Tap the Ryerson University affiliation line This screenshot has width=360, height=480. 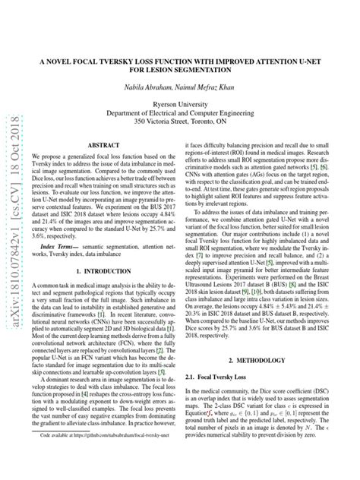[x=180, y=107]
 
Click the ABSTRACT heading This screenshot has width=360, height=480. [x=100, y=144]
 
